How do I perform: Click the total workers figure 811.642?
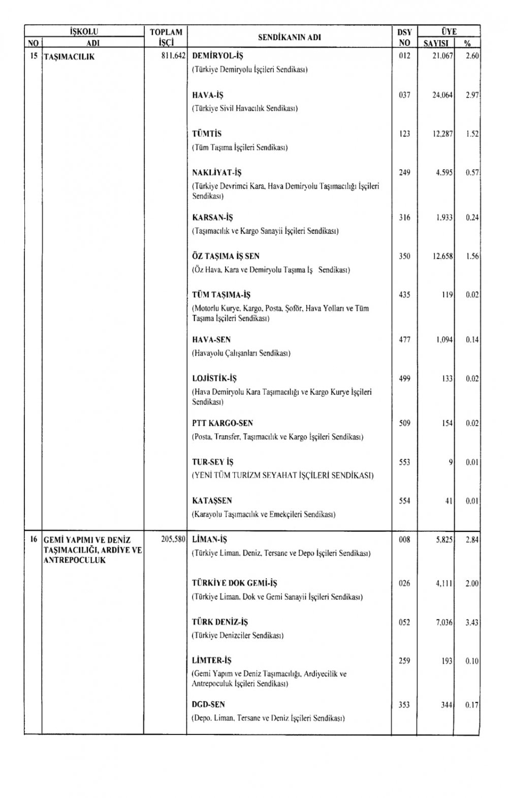[173, 56]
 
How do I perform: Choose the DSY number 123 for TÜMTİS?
[404, 134]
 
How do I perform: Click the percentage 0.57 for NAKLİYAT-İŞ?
[472, 173]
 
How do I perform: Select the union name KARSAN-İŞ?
[212, 217]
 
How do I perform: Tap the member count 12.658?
[442, 256]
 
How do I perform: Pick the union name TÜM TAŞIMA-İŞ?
[221, 295]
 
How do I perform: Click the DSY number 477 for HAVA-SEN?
[404, 339]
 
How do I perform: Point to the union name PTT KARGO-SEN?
[223, 423]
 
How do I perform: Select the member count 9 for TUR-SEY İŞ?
[450, 462]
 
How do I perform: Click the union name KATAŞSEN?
[212, 501]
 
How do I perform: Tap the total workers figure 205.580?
[173, 539]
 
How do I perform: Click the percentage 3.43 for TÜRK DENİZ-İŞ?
[472, 622]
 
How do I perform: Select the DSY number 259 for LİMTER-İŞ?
[404, 661]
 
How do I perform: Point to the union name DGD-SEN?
[208, 705]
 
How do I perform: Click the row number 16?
[33, 539]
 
